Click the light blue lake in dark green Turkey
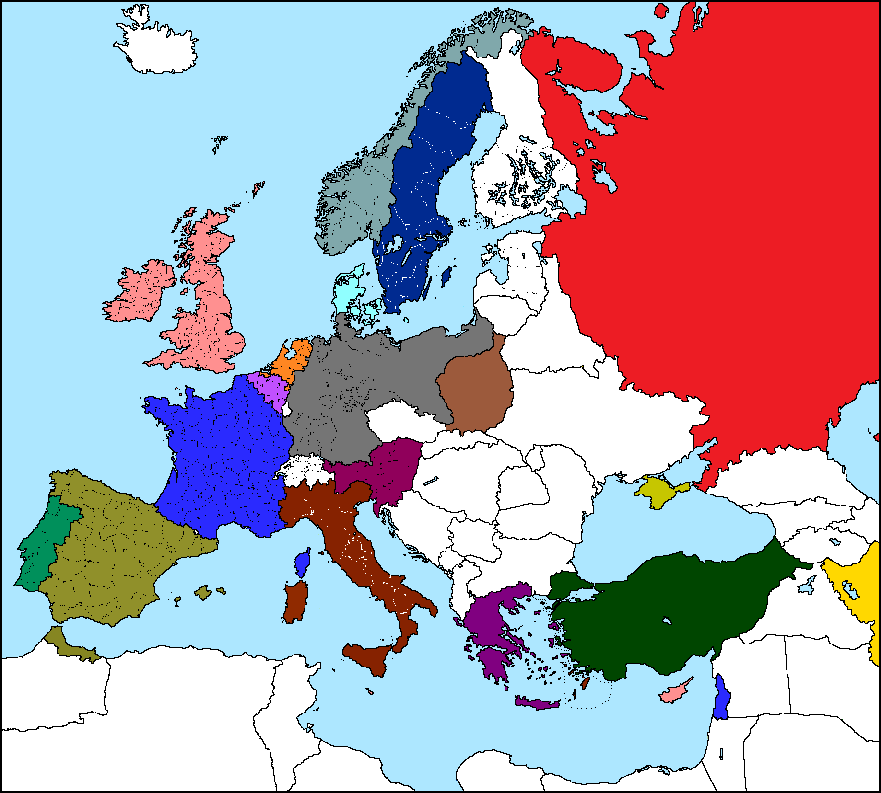[x=667, y=621]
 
